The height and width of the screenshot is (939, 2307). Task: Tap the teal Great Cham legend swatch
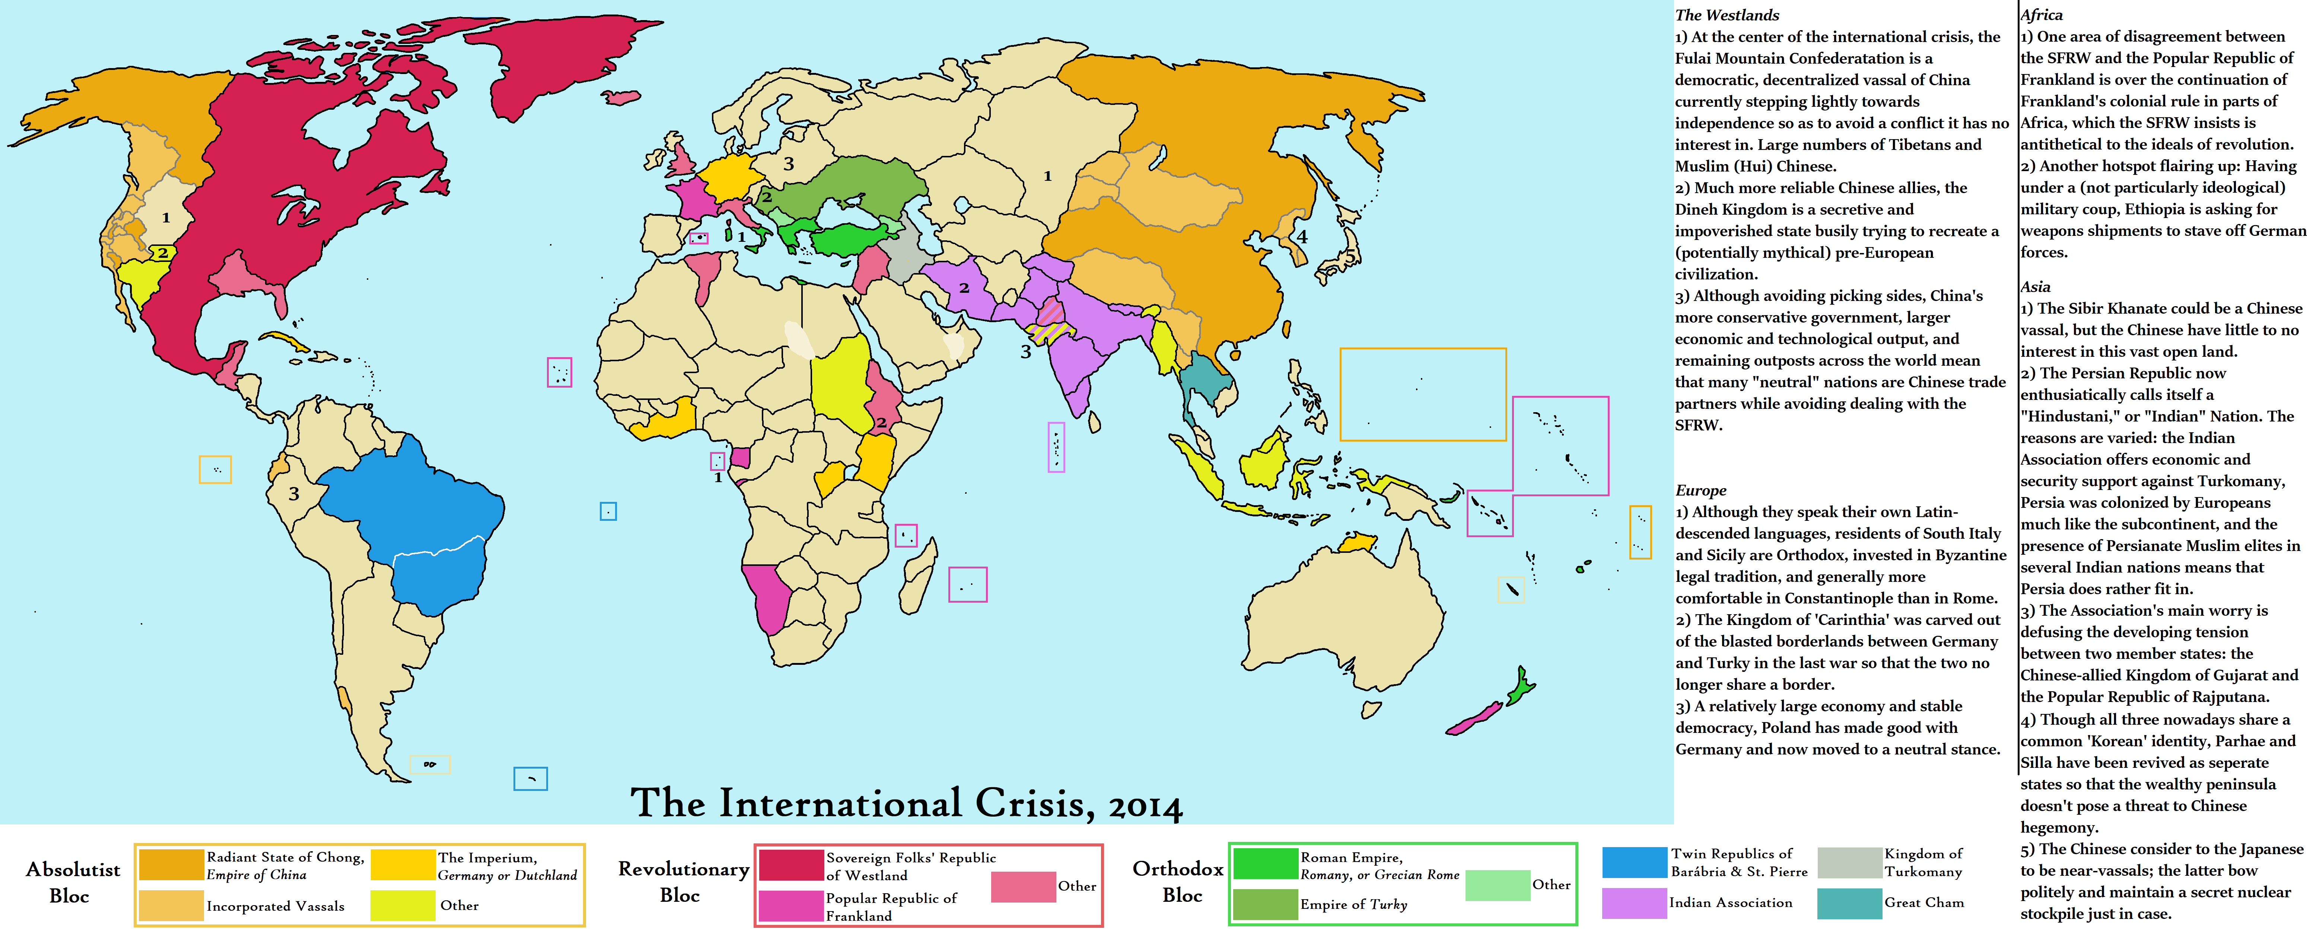(1849, 903)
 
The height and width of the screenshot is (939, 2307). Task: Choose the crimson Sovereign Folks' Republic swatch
(791, 865)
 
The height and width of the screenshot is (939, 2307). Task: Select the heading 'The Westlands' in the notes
(1727, 15)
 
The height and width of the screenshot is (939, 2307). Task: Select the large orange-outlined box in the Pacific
(1423, 394)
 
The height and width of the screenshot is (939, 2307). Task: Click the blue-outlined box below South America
(530, 779)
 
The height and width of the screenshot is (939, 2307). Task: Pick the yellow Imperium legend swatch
(402, 865)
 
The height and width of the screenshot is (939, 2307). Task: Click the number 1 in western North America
(166, 218)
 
